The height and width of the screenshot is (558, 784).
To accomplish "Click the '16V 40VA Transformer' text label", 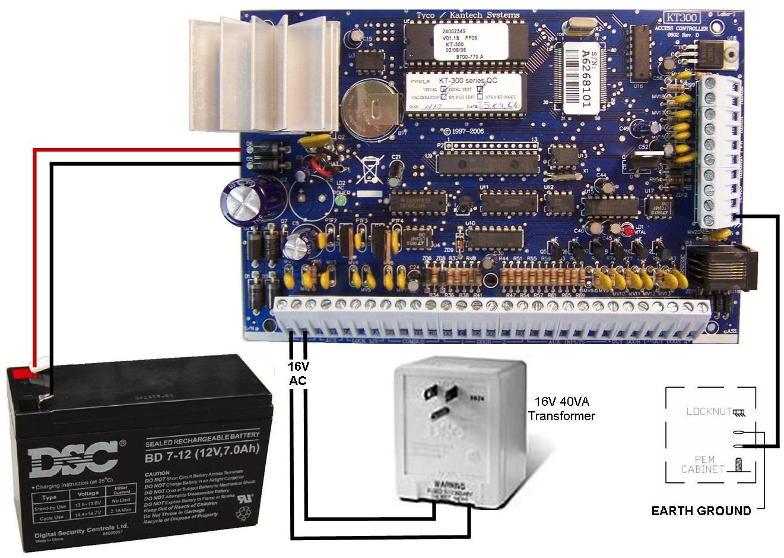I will click(561, 408).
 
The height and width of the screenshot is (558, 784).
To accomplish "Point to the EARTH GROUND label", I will click(701, 510).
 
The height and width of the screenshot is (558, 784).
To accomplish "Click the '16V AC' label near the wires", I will click(298, 373).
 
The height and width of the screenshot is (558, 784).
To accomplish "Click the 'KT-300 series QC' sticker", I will click(464, 80).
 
